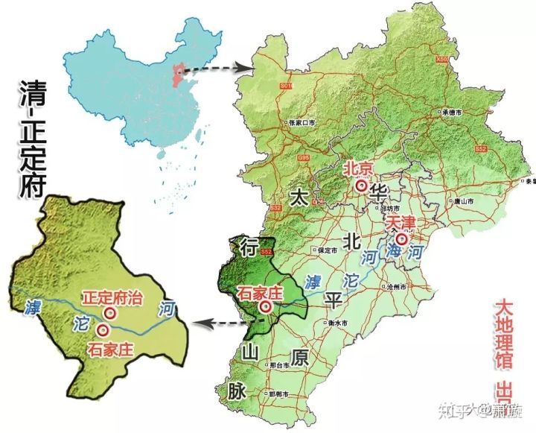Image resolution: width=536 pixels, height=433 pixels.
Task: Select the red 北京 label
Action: click(358, 169)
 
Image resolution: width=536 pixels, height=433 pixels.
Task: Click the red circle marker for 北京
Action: click(362, 186)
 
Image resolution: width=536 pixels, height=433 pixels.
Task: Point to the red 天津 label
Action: click(398, 223)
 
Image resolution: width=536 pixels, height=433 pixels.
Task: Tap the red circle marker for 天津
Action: click(402, 240)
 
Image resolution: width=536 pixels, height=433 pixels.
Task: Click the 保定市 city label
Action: click(328, 250)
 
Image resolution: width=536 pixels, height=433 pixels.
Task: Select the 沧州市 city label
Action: click(395, 286)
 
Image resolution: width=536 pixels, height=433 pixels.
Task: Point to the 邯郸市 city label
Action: click(277, 392)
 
